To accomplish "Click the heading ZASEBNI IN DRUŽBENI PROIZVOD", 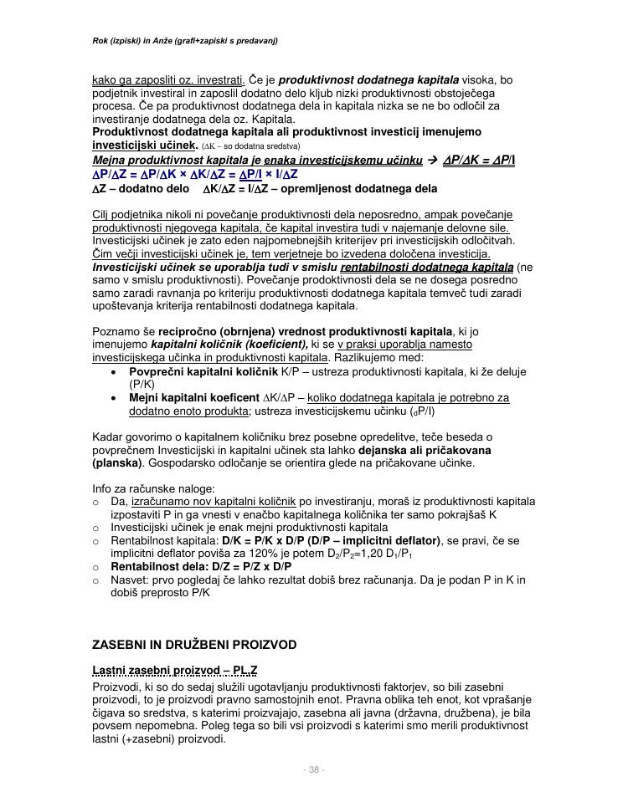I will (x=195, y=645).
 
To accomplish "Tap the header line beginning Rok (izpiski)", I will (x=185, y=40).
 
